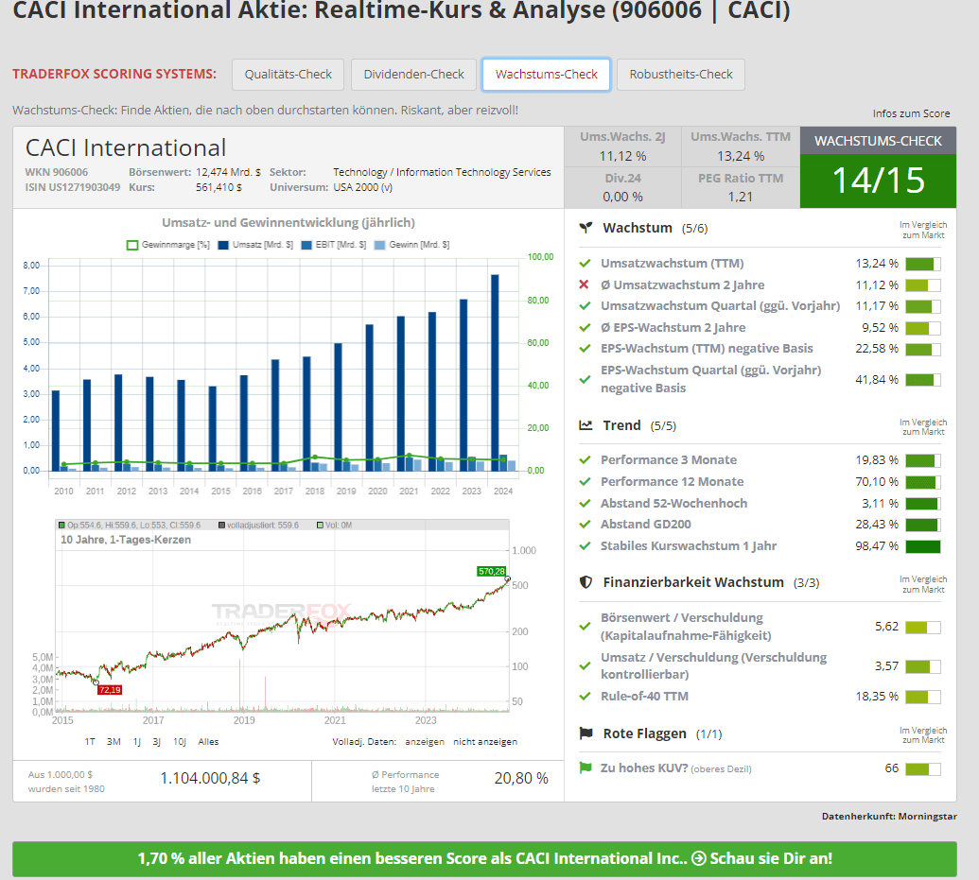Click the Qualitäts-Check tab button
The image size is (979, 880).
click(x=288, y=75)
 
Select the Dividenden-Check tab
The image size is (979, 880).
click(x=414, y=75)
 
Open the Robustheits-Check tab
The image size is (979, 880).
click(x=681, y=75)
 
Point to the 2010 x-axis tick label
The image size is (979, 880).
click(x=63, y=492)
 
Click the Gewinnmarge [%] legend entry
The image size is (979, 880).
click(x=167, y=245)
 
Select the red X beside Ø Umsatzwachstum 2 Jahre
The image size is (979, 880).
click(x=585, y=285)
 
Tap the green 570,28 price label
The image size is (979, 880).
click(x=492, y=571)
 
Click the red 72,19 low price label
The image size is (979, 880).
click(x=111, y=690)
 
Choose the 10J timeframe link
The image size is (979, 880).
click(x=180, y=742)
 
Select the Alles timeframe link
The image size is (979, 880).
click(x=208, y=742)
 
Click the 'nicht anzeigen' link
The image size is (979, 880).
click(x=484, y=742)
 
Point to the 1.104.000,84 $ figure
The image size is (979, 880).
click(x=210, y=778)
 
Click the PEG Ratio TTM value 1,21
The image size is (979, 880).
click(x=741, y=197)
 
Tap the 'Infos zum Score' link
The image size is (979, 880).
click(x=911, y=113)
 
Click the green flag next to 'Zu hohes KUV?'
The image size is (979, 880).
click(x=585, y=768)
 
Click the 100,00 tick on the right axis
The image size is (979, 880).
click(x=540, y=257)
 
